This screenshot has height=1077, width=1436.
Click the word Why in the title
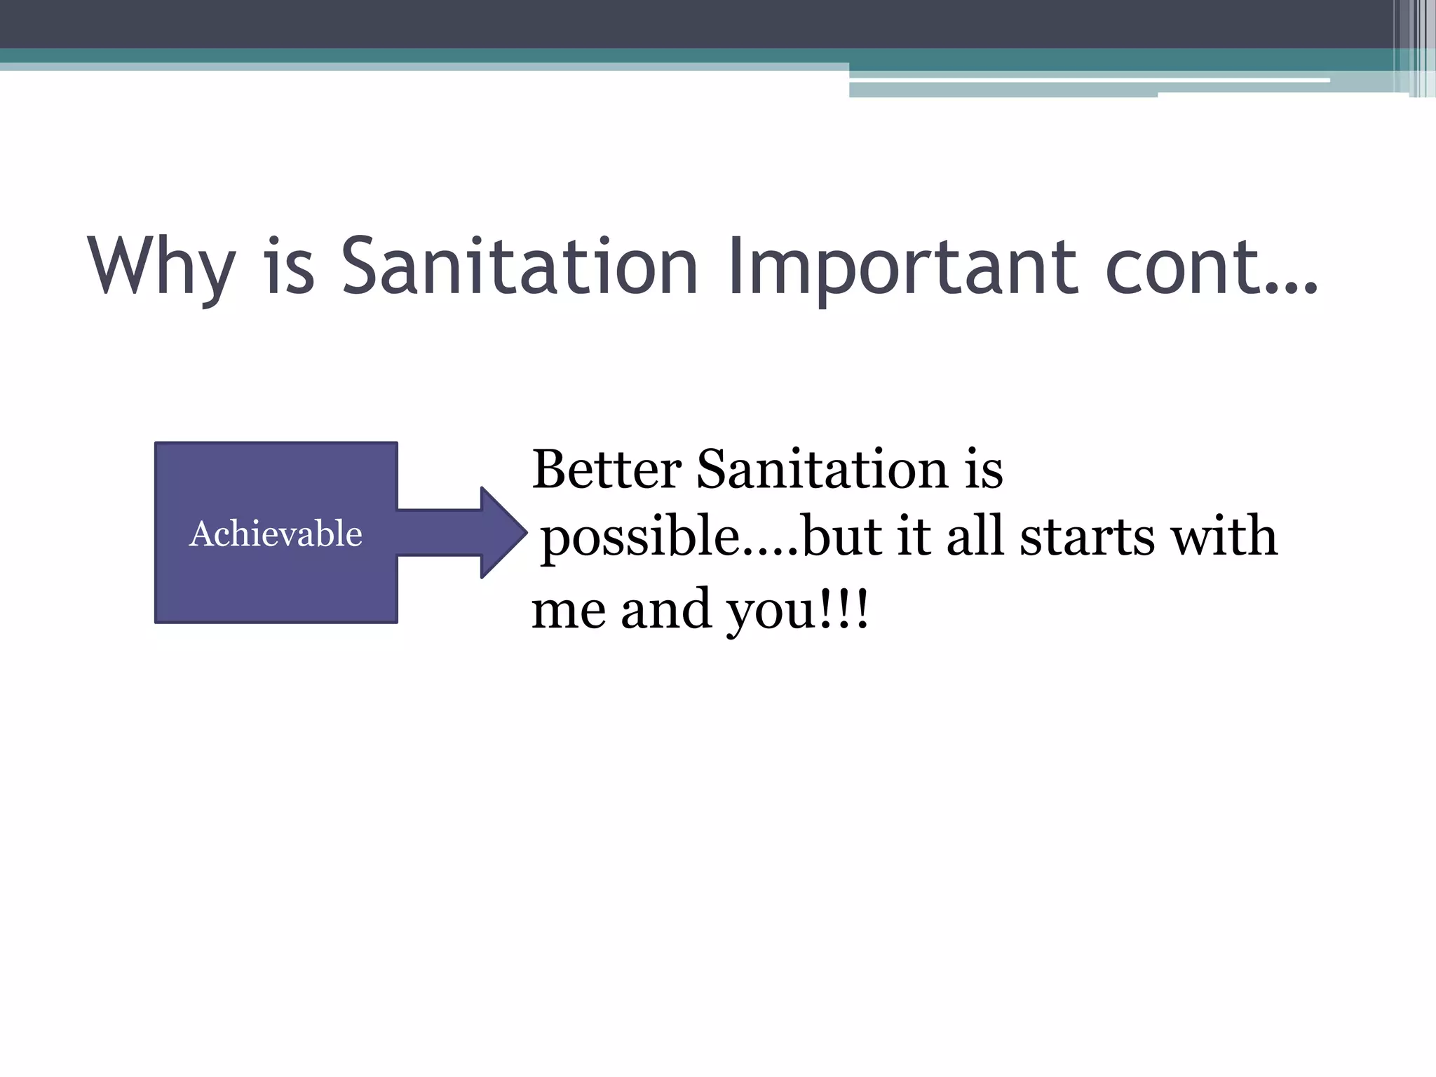[161, 267]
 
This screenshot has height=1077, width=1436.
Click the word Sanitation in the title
[519, 267]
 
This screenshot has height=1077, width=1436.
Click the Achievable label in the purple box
[276, 534]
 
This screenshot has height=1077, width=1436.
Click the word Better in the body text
[607, 469]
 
